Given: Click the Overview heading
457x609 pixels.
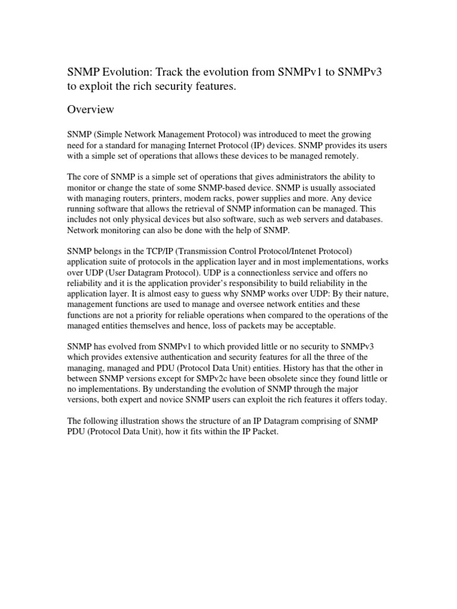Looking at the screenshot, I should click(x=90, y=110).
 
